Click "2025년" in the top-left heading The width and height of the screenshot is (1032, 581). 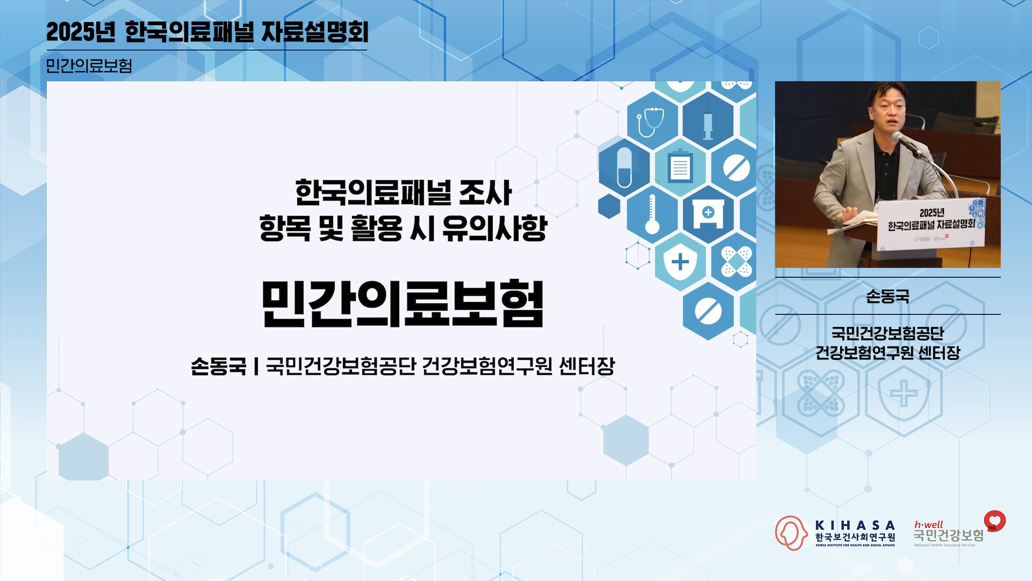pyautogui.click(x=81, y=32)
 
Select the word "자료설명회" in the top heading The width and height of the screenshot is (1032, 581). pyautogui.click(x=315, y=32)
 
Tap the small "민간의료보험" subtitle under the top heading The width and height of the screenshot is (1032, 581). pyautogui.click(x=89, y=66)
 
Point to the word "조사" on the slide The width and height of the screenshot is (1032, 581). pyautogui.click(x=485, y=193)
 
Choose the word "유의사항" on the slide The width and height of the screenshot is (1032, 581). pyautogui.click(x=494, y=228)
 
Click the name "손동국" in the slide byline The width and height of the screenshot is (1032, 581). pyautogui.click(x=218, y=366)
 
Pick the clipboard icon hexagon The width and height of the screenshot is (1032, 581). pyautogui.click(x=680, y=167)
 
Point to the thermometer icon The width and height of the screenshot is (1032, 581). pyautogui.click(x=652, y=214)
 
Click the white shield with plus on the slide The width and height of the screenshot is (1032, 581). pyautogui.click(x=680, y=262)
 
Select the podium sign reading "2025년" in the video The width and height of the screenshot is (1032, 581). pyautogui.click(x=931, y=213)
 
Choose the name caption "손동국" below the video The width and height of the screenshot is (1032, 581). pyautogui.click(x=888, y=296)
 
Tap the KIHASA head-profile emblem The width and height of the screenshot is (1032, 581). pyautogui.click(x=791, y=533)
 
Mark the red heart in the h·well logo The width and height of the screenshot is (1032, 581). pyautogui.click(x=995, y=520)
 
